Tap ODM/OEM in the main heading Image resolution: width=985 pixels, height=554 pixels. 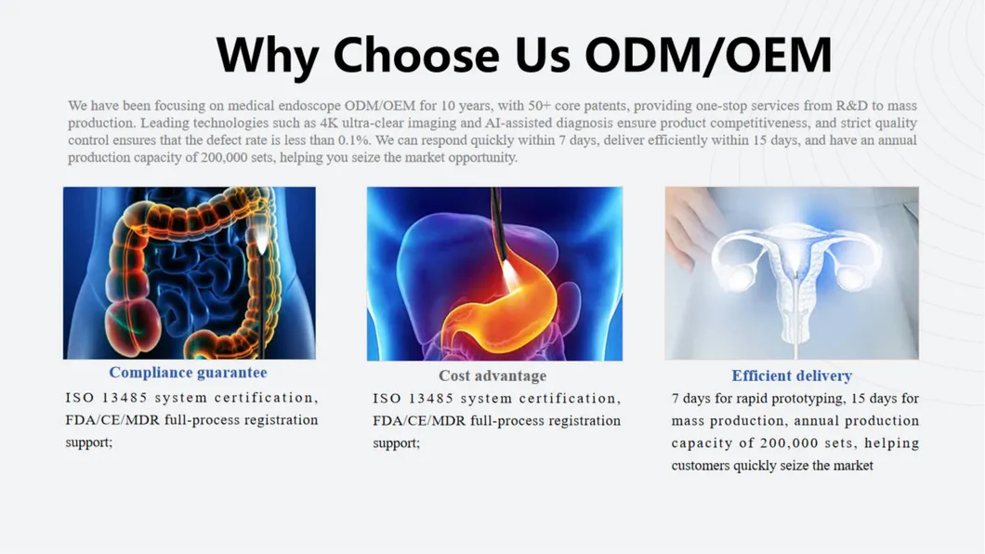pos(708,55)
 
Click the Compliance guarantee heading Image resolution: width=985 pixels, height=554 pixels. pos(188,373)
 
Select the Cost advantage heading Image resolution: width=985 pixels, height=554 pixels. pos(492,376)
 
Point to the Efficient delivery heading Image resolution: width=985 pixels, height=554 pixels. pos(792,376)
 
